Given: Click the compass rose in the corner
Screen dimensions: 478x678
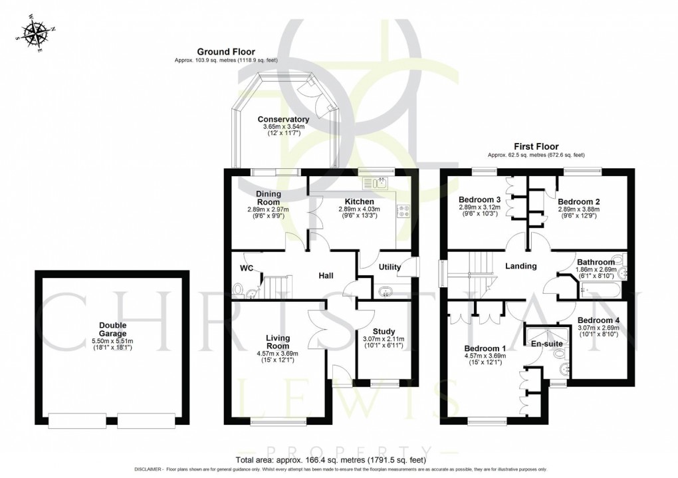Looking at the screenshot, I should click(35, 33).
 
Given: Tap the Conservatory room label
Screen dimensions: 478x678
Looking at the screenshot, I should click(284, 120).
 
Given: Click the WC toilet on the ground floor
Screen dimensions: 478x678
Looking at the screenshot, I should click(239, 289).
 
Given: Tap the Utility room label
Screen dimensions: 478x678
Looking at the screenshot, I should click(390, 267).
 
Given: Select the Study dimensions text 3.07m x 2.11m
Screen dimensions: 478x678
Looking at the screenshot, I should click(383, 340).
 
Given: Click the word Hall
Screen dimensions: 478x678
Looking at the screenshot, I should click(326, 276).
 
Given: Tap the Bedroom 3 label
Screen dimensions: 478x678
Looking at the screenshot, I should click(479, 199).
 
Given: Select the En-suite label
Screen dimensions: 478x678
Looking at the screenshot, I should click(546, 344).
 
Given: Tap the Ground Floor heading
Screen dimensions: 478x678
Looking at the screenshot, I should click(225, 51).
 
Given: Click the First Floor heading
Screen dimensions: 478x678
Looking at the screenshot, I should click(536, 146).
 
